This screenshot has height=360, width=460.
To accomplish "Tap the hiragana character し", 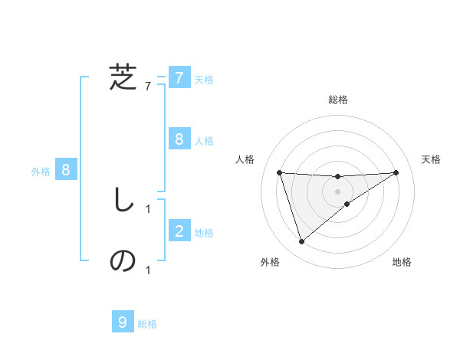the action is pyautogui.click(x=123, y=201).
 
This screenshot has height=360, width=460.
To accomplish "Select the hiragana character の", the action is pyautogui.click(x=123, y=261).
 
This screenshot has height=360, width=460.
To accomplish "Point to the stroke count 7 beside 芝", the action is pyautogui.click(x=148, y=87).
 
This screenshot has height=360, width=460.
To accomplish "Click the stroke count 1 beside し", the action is pyautogui.click(x=148, y=208).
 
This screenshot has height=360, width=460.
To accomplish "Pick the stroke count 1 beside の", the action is pyautogui.click(x=148, y=270).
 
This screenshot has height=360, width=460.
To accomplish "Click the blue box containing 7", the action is pyautogui.click(x=179, y=78).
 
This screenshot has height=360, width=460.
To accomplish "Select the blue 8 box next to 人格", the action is pyautogui.click(x=179, y=139).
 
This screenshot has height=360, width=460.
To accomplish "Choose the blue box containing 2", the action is pyautogui.click(x=179, y=231).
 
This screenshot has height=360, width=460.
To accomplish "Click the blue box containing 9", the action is pyautogui.click(x=123, y=322).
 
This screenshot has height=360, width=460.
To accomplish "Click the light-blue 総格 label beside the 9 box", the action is pyautogui.click(x=147, y=324).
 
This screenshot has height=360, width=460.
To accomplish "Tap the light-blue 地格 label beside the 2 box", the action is pyautogui.click(x=204, y=233).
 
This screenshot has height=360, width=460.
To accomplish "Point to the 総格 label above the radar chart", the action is pyautogui.click(x=337, y=100).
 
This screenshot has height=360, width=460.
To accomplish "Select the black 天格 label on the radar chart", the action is pyautogui.click(x=432, y=159).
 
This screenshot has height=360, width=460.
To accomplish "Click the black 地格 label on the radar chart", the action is pyautogui.click(x=402, y=262).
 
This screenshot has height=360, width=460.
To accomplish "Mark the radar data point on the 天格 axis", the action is pyautogui.click(x=396, y=172).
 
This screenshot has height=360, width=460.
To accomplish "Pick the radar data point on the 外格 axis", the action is pyautogui.click(x=301, y=242).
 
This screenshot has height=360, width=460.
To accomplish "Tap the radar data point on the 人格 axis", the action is pyautogui.click(x=279, y=172).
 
